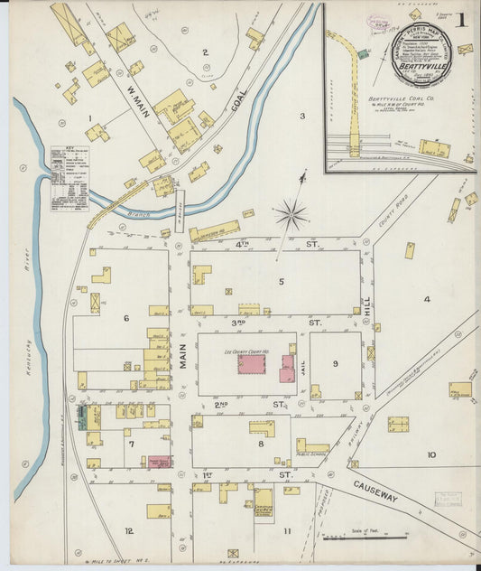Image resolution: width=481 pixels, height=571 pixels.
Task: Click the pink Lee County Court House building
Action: [x=252, y=364]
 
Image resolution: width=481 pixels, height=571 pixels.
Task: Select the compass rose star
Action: [x=291, y=215]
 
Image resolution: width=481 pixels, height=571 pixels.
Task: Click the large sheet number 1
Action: [x=461, y=19]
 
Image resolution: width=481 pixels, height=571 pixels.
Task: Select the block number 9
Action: [x=335, y=364]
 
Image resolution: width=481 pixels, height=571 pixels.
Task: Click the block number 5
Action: [x=281, y=282]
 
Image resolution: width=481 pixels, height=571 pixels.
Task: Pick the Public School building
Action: [x=312, y=446]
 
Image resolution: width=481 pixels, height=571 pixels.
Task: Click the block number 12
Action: [x=129, y=531]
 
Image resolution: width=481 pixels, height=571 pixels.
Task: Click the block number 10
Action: [x=431, y=455]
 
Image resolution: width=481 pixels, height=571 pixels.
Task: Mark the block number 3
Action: [x=302, y=116]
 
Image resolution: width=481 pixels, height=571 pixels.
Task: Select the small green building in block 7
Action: [x=82, y=417]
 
